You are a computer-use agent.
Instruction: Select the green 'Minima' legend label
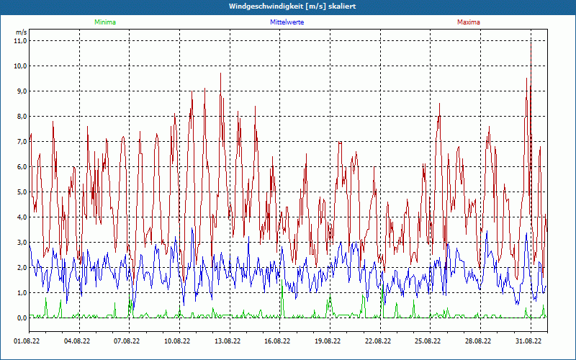(x=104, y=22)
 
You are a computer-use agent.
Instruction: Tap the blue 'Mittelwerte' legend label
(x=287, y=22)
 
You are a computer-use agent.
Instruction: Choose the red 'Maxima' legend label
(x=469, y=22)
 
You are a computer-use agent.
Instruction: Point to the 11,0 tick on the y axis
(x=20, y=41)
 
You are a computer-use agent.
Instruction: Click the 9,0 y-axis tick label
(x=20, y=91)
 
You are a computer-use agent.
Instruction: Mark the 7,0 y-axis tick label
(x=20, y=142)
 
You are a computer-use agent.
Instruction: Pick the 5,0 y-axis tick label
(x=20, y=192)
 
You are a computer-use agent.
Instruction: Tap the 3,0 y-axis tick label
(x=20, y=243)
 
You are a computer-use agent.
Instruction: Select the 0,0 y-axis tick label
(x=20, y=318)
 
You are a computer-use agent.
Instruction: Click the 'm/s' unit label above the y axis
(x=21, y=32)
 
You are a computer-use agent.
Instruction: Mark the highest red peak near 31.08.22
(x=531, y=40)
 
